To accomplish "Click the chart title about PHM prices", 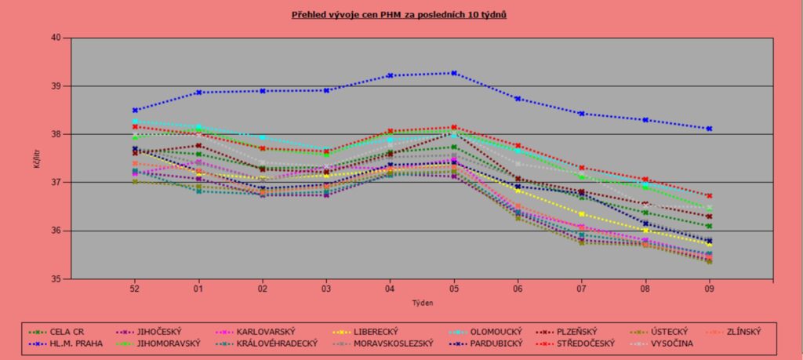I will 401,15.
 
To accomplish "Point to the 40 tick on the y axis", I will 56,38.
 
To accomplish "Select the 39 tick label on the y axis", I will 56,86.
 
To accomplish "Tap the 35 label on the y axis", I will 56,279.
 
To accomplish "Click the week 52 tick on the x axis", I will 135,289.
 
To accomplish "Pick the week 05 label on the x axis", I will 454,289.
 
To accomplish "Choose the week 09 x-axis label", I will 709,289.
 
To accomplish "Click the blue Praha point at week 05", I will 454,73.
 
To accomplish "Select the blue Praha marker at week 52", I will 135,111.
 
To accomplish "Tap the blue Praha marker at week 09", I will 709,129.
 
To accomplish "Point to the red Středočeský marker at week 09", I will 709,196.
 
